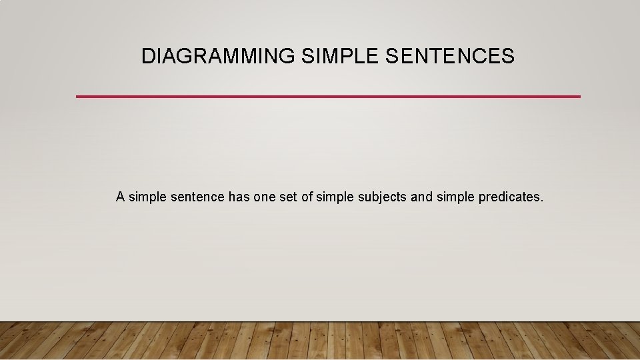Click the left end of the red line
(x=78, y=97)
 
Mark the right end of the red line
(x=579, y=97)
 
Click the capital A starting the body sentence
(x=120, y=197)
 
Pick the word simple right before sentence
(x=147, y=197)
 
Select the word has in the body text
(x=239, y=197)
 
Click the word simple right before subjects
(x=335, y=197)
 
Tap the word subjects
(x=382, y=197)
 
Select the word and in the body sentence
(x=421, y=197)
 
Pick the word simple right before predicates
(x=455, y=197)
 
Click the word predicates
(x=509, y=197)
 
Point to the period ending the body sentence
(x=542, y=201)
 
